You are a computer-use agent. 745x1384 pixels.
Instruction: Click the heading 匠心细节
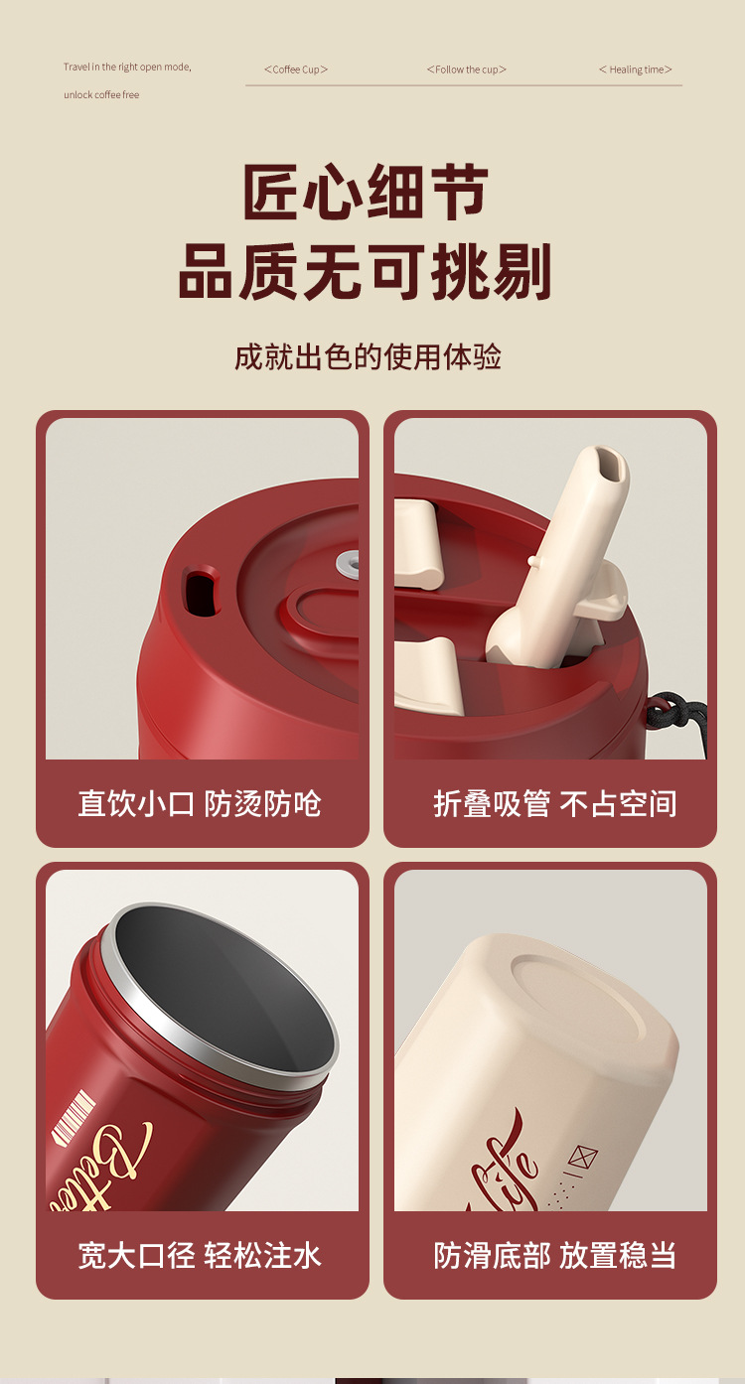pos(366,192)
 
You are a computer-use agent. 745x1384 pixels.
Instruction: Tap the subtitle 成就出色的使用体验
pos(368,356)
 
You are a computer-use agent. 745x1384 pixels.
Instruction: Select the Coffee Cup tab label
pos(296,69)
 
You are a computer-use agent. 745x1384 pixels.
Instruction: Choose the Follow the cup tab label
pos(467,69)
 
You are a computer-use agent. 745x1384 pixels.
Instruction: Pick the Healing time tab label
pos(636,69)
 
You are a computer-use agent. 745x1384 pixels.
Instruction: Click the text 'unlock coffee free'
pos(101,95)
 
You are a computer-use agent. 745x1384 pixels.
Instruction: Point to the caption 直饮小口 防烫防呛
pos(200,803)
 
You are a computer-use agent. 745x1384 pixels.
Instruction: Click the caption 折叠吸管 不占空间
pos(554,803)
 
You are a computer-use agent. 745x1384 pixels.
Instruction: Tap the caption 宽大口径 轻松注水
pos(200,1255)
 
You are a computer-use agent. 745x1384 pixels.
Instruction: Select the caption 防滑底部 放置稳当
pos(554,1255)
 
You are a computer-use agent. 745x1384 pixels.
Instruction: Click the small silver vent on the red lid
pos(347,563)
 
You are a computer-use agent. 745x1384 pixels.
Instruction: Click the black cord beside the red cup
pos(683,714)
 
